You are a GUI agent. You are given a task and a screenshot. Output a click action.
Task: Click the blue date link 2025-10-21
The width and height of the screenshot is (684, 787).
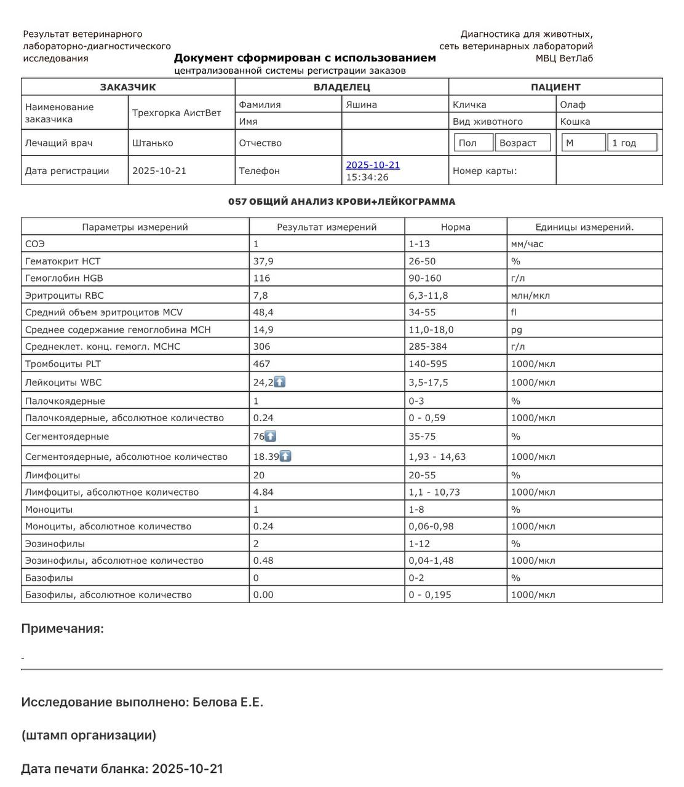point(373,165)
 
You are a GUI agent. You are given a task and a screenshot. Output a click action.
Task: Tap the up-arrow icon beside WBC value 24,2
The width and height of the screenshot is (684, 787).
point(280,382)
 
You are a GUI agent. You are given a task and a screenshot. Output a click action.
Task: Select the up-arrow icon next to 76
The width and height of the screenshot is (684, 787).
point(271,436)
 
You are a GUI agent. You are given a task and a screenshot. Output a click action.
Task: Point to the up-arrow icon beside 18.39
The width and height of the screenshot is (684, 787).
point(285,456)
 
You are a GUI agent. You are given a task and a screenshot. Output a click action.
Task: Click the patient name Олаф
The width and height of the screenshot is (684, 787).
point(573,105)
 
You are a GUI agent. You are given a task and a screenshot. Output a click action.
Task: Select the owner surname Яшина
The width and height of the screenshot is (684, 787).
point(361,105)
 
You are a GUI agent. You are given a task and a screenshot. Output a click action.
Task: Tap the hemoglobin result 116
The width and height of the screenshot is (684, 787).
point(261,278)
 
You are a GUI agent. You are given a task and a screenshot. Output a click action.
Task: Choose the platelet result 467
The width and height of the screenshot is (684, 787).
point(261,363)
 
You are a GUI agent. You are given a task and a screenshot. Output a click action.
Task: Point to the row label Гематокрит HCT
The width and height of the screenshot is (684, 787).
point(63,261)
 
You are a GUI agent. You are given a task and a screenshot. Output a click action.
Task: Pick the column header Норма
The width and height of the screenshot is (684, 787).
point(455,227)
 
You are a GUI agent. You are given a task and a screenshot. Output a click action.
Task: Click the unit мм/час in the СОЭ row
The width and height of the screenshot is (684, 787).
point(527,243)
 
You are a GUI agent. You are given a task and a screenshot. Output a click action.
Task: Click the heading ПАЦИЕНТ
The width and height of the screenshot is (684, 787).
point(555,87)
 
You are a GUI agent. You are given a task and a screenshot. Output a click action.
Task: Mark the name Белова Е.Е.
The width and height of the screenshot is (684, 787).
point(228,702)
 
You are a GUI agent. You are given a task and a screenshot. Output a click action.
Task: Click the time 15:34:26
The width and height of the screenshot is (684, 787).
point(367,177)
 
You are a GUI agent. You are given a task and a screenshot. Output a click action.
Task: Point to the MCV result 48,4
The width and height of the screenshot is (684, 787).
point(263,312)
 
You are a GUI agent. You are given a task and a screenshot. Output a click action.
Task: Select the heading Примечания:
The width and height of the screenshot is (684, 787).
point(62,628)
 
